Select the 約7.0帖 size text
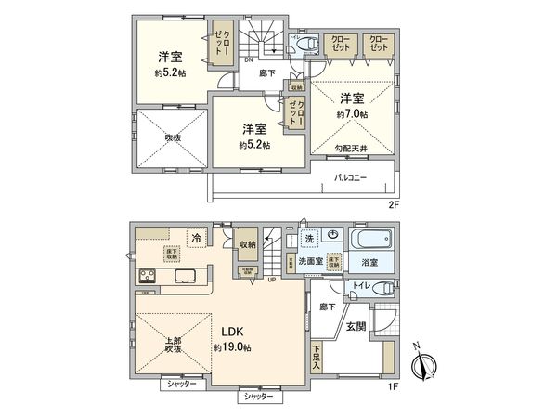tap(352, 113)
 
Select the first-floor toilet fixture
tap(380, 289)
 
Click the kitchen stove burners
tap(149, 277)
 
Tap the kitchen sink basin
tap(183, 277)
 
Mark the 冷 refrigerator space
tap(196, 238)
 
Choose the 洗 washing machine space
tap(309, 239)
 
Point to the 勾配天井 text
tap(352, 146)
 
